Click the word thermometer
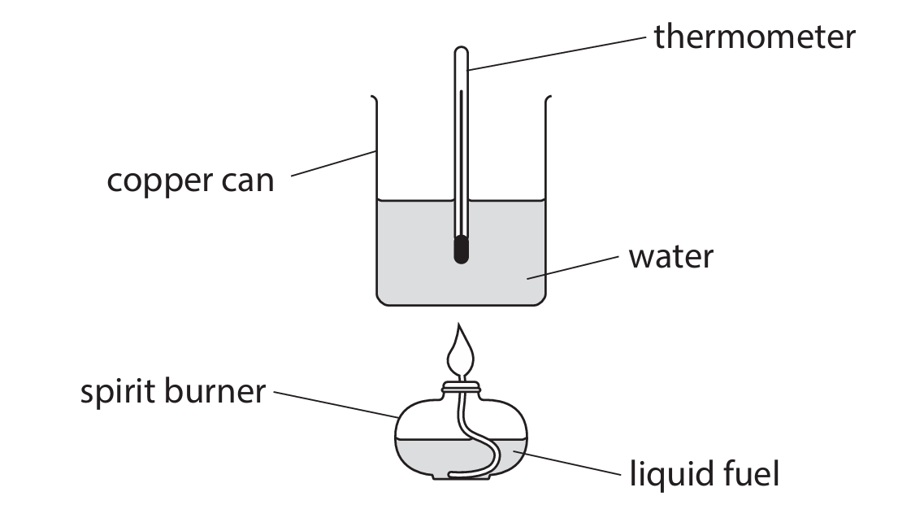pyautogui.click(x=754, y=37)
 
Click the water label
pyautogui.click(x=670, y=257)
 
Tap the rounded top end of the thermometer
pyautogui.click(x=461, y=54)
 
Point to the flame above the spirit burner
pyautogui.click(x=461, y=349)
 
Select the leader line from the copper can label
pyautogui.click(x=333, y=163)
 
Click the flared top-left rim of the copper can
pyautogui.click(x=374, y=99)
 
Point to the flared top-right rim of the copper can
pyautogui.click(x=548, y=99)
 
